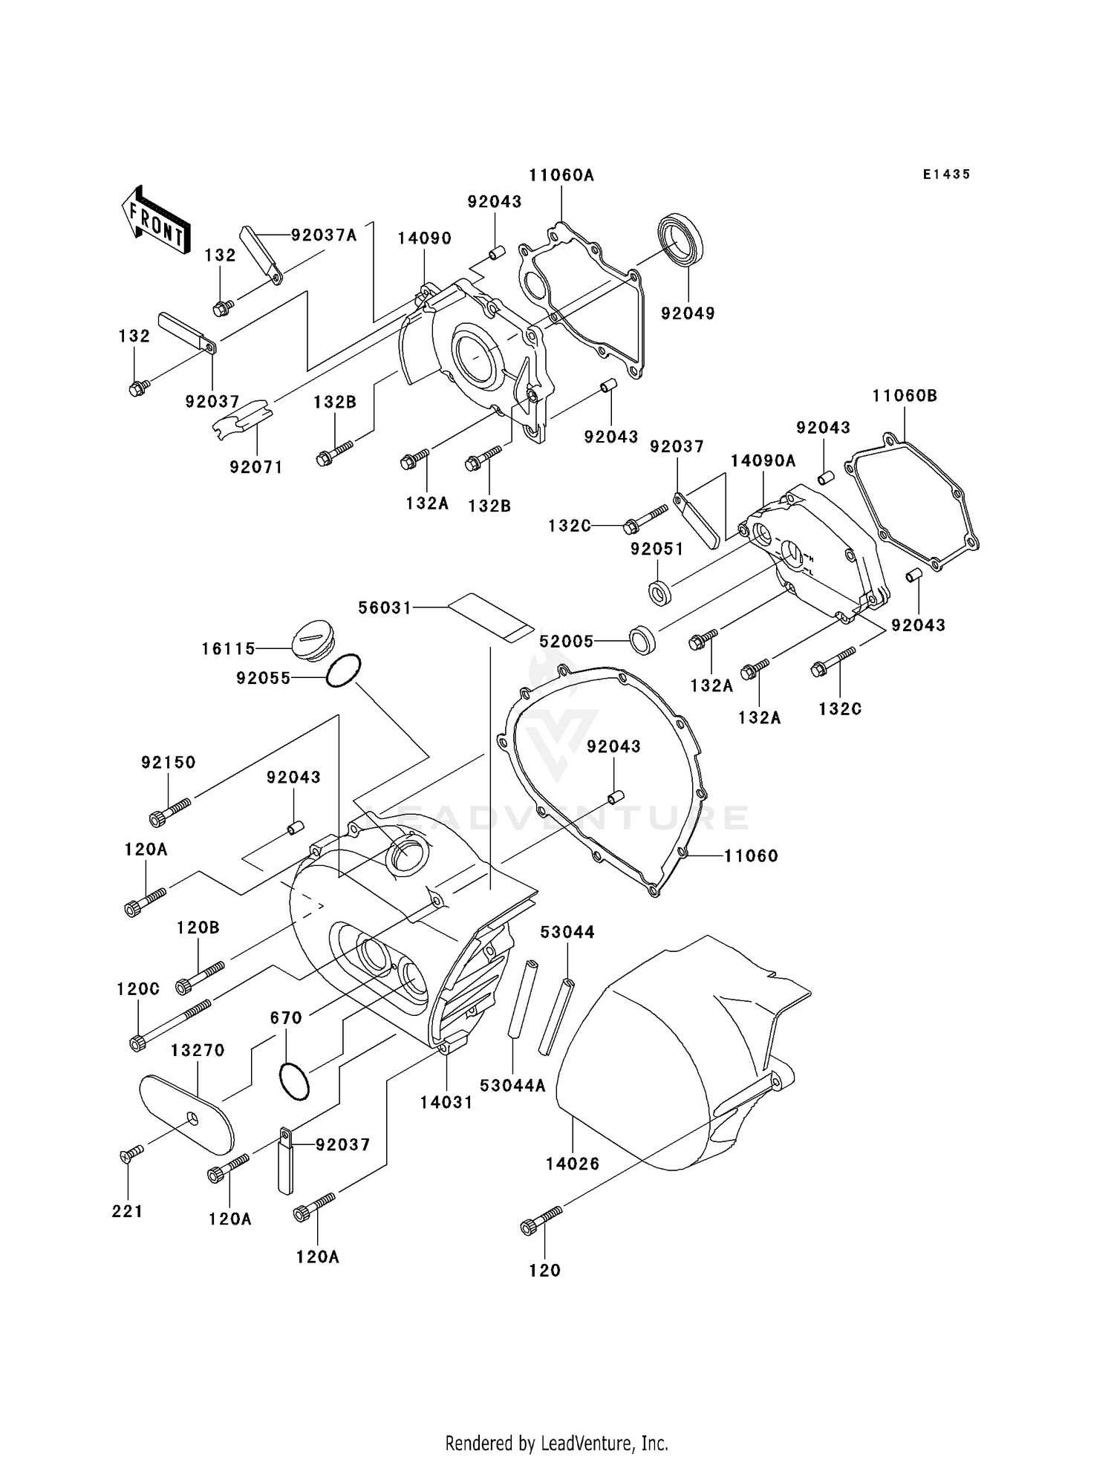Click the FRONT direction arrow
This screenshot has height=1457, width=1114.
coord(154,221)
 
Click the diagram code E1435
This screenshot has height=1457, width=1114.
coord(946,175)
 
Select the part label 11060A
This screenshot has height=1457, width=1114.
coord(561,175)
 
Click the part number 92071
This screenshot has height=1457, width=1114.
coord(256,467)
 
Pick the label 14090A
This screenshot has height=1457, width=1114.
coord(763,460)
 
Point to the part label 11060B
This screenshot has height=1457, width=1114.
coord(905,396)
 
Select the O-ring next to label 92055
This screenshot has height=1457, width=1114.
coord(344,671)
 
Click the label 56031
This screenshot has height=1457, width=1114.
coord(385,607)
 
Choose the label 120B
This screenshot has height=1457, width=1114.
coord(198,928)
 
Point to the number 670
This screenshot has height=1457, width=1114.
coord(286,1018)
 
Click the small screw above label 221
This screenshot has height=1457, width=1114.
coord(131,1153)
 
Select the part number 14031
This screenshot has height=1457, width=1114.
coord(446,1103)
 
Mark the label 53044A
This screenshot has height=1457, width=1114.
coord(512,1086)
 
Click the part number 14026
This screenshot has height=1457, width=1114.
coord(572,1164)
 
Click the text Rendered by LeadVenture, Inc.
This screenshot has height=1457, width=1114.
coord(556,1443)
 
